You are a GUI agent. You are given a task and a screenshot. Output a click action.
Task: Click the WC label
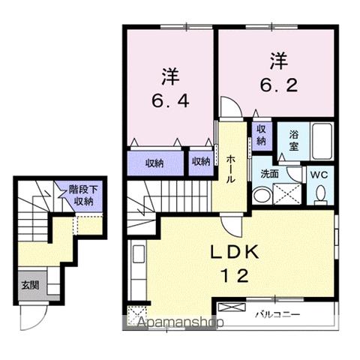(x=320, y=173)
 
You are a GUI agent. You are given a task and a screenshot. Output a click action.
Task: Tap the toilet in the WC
(x=321, y=194)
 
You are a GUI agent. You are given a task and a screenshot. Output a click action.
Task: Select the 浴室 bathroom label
(x=287, y=141)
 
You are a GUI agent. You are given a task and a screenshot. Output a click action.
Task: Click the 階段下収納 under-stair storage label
(x=80, y=195)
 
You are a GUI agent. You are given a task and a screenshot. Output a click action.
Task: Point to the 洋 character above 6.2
(x=278, y=58)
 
